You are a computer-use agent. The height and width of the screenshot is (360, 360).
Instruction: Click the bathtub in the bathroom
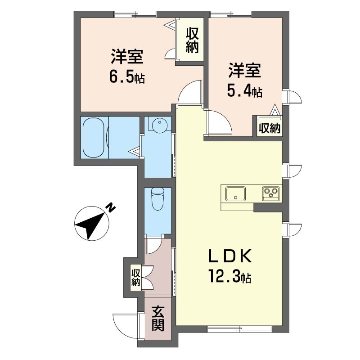pyautogui.click(x=94, y=138)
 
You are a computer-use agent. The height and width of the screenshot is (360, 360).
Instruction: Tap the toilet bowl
pyautogui.click(x=158, y=199)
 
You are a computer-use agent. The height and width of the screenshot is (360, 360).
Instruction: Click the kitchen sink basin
pyautogui.click(x=235, y=193)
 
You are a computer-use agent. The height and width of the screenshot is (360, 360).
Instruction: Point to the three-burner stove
pyautogui.click(x=271, y=194)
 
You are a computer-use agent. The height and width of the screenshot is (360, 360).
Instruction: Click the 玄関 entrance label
pyautogui.click(x=158, y=319)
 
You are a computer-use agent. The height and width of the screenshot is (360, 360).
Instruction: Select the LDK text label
pyautogui.click(x=230, y=256)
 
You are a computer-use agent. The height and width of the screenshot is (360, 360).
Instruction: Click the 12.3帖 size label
pyautogui.click(x=230, y=276)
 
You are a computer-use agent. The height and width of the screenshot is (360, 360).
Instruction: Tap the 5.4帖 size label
pyautogui.click(x=244, y=91)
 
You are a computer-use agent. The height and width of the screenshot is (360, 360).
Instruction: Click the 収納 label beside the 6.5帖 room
pyautogui.click(x=192, y=40)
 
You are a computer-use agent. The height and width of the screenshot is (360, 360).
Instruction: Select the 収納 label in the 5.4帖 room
pyautogui.click(x=270, y=128)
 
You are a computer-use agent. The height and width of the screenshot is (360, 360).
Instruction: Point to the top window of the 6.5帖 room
pyautogui.click(x=135, y=14)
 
